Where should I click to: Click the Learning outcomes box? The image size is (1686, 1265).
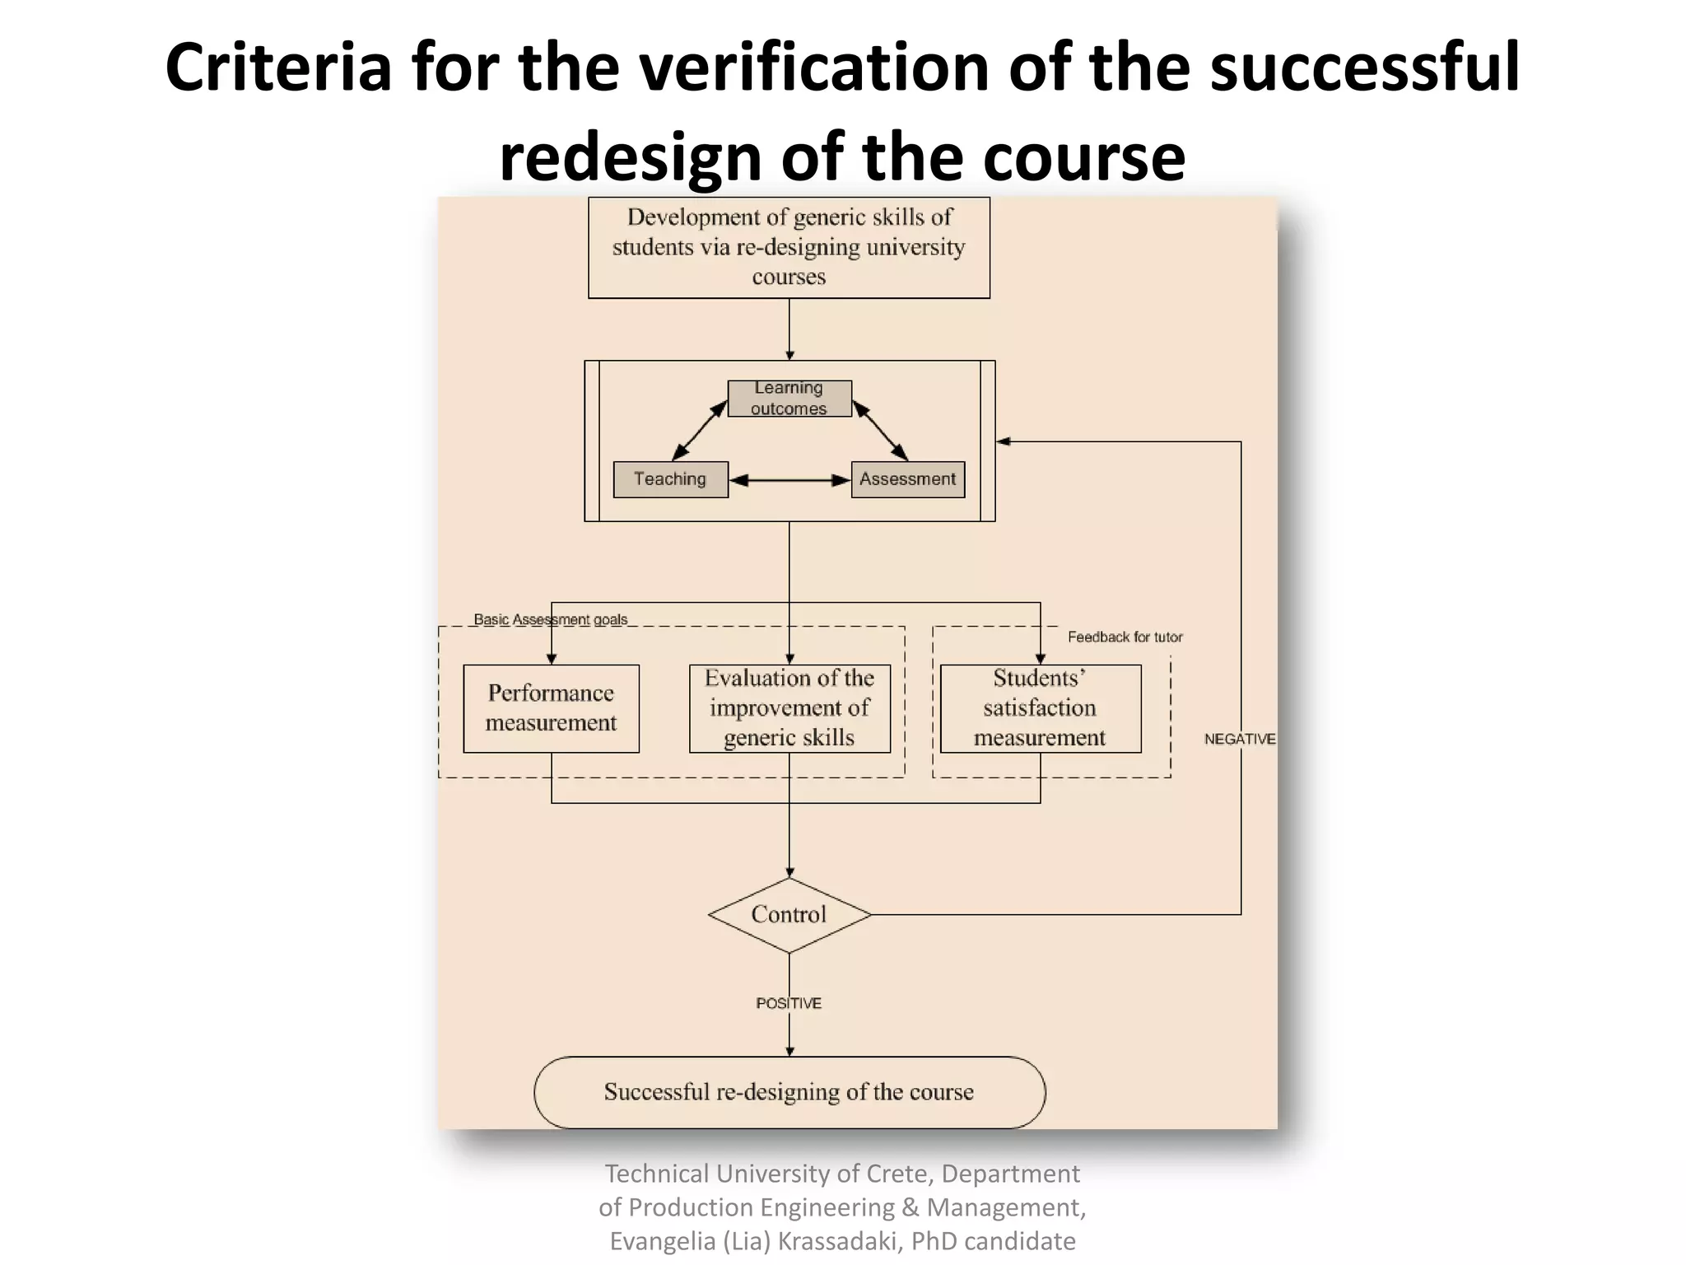click(789, 399)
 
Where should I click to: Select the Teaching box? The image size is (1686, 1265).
click(670, 479)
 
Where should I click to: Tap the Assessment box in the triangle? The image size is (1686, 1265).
click(907, 479)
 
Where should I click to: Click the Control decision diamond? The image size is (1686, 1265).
click(789, 915)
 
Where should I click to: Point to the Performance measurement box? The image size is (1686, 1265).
click(551, 708)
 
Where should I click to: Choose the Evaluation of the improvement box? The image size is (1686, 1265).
click(789, 708)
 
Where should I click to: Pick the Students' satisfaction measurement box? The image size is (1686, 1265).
click(1040, 708)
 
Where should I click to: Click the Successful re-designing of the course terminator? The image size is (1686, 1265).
click(789, 1092)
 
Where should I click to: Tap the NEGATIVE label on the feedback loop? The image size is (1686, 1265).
click(1239, 740)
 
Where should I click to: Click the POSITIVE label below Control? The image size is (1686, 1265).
click(789, 1003)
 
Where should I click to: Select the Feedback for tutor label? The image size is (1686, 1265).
click(1125, 637)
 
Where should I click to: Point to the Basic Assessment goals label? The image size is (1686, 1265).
click(550, 619)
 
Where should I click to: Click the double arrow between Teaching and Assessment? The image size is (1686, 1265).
click(789, 480)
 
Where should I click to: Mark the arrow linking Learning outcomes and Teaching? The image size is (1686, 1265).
click(700, 430)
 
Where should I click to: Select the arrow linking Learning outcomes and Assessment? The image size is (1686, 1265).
click(880, 430)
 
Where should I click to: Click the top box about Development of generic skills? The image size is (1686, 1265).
click(789, 247)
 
